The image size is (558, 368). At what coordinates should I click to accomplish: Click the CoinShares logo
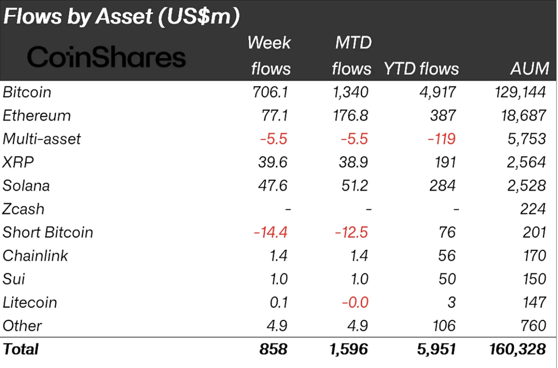pos(106,57)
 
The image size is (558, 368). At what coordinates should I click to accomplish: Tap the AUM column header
pos(530,68)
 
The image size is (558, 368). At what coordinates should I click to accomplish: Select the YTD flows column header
pos(421,69)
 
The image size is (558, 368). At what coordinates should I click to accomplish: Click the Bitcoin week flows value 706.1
pos(270,92)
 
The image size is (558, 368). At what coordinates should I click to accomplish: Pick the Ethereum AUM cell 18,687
pos(524,115)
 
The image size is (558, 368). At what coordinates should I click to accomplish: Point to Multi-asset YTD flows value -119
pos(441,139)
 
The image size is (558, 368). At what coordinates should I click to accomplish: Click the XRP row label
pos(18,162)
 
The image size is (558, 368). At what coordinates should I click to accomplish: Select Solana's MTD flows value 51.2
pos(355,186)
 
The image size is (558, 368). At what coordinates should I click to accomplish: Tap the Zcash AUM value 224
pos(533,209)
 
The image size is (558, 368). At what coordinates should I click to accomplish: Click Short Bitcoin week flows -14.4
pos(270,232)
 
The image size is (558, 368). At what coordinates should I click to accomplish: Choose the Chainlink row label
pos(35,255)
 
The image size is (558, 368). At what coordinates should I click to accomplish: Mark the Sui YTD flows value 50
pos(447,279)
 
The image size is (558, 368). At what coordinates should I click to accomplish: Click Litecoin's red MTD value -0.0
pos(355,302)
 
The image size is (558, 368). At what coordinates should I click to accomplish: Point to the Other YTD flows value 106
pos(444,326)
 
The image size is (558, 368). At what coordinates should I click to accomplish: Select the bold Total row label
pos(21,349)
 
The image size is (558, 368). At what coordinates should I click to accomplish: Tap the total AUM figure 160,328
pos(518,349)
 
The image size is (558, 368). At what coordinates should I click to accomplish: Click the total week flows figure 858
pos(273,349)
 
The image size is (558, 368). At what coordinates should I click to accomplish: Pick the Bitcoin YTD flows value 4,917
pos(438,92)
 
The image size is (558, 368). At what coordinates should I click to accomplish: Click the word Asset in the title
pos(124,16)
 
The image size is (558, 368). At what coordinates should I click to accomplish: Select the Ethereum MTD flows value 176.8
pos(350,115)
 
